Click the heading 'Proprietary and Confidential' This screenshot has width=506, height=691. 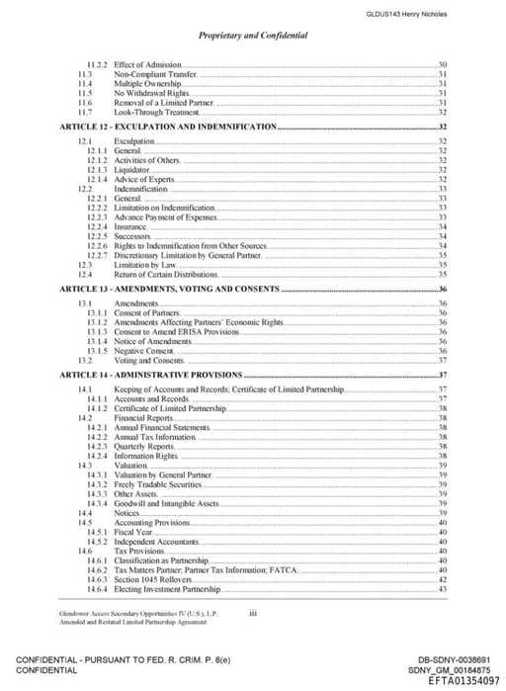click(x=253, y=36)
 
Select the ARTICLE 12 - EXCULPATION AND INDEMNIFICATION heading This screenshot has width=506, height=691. click(x=167, y=129)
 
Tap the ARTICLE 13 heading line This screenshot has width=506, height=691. click(x=169, y=289)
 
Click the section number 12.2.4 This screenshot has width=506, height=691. click(x=97, y=226)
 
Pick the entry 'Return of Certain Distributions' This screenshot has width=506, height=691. click(x=164, y=274)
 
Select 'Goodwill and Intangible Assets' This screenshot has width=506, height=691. click(x=166, y=503)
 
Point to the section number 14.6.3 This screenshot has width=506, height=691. click(x=97, y=579)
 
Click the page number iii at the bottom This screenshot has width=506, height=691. click(x=253, y=613)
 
